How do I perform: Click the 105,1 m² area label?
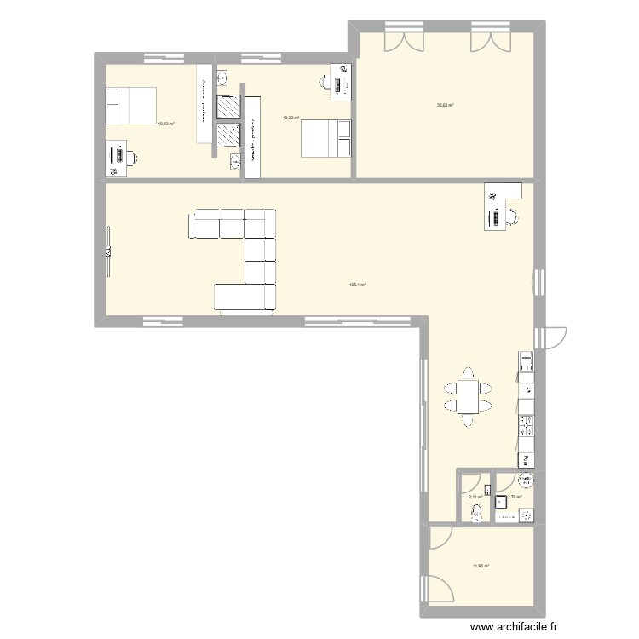pos(357,286)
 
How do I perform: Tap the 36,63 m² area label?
pos(445,106)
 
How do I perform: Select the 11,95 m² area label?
pos(481,565)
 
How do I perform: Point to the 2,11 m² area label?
pos(475,498)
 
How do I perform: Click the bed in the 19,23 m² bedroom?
pos(131,105)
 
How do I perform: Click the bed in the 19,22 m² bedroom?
pos(325,138)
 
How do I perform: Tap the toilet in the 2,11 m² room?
pos(475,512)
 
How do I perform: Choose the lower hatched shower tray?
pos(227,136)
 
